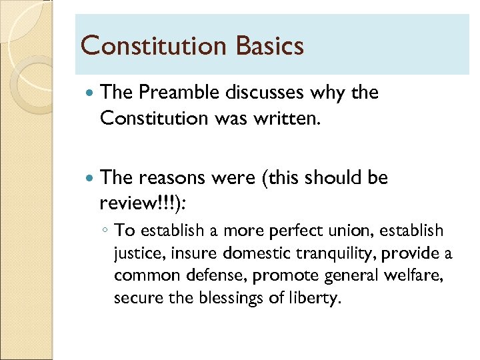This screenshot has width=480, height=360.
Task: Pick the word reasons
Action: click(172, 178)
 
